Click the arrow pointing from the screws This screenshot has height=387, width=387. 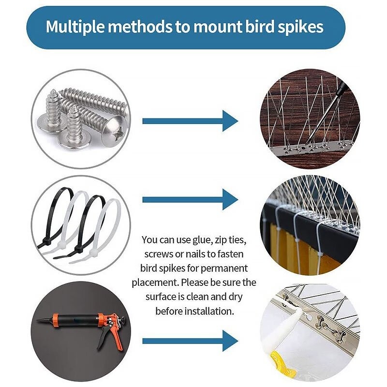[x=190, y=121]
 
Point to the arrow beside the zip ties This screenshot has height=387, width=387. [x=190, y=199]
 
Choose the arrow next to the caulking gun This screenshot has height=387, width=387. [x=190, y=341]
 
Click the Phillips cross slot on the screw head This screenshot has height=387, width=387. [x=119, y=135]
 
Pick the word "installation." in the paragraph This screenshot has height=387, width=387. [x=209, y=311]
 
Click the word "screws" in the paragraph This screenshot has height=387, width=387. [x=159, y=254]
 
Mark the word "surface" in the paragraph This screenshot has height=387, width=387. [x=161, y=297]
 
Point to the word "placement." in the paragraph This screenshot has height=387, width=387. [x=155, y=283]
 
